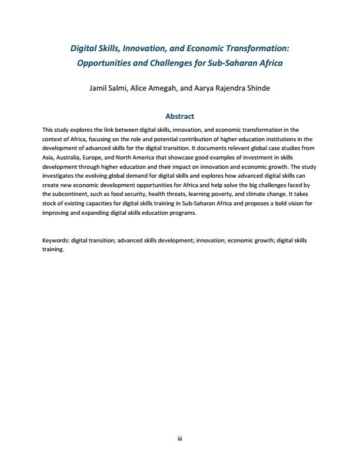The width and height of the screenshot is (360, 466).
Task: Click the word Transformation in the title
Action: tap(255, 48)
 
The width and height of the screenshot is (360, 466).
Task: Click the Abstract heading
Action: tap(179, 116)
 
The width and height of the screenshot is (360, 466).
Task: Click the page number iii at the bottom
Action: tap(179, 438)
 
